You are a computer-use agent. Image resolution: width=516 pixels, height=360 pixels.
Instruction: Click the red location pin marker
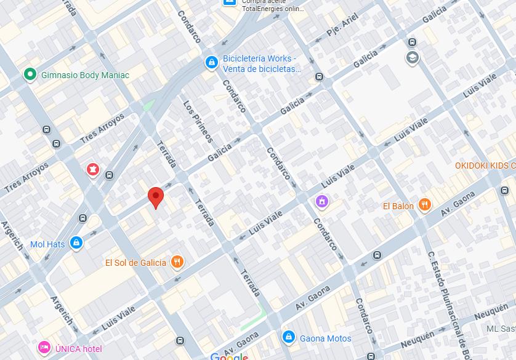[x=156, y=197]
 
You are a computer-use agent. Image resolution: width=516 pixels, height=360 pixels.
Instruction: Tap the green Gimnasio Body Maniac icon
[x=29, y=74]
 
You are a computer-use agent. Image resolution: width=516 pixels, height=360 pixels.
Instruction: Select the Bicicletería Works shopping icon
[x=211, y=62]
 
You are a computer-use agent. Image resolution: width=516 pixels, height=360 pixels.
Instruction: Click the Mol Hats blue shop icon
[x=76, y=243]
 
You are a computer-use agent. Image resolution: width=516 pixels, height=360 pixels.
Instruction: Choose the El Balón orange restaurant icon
[x=424, y=206]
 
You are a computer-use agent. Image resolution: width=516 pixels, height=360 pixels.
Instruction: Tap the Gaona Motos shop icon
[x=288, y=337]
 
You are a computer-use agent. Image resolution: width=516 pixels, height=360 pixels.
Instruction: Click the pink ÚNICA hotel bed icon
[x=44, y=348]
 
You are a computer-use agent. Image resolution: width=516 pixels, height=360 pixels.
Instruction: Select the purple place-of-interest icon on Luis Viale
[x=321, y=201]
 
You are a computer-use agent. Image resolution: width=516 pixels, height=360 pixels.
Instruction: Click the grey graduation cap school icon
[x=412, y=58]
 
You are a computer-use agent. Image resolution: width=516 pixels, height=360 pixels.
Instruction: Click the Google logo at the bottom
[x=229, y=356]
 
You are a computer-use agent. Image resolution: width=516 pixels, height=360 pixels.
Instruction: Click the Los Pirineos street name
[x=198, y=121]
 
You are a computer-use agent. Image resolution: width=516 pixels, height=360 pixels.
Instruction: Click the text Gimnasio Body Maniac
[x=85, y=75]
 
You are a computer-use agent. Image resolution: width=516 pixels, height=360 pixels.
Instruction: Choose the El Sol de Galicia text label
[x=135, y=262]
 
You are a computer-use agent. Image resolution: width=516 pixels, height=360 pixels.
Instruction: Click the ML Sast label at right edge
[x=500, y=329]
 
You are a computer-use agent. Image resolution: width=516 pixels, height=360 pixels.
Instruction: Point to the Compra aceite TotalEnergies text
[x=265, y=6]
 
